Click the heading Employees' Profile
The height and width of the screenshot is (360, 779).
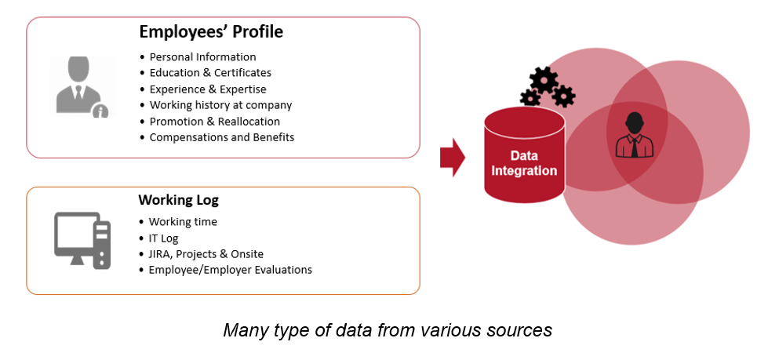(211, 32)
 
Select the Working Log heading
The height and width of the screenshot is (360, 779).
(178, 200)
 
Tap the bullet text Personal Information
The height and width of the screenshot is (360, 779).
(202, 56)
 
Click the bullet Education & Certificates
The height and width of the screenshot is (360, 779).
(211, 72)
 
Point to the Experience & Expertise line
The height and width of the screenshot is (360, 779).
(208, 89)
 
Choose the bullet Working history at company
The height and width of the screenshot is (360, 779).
(220, 105)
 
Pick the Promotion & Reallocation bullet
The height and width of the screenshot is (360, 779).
(215, 122)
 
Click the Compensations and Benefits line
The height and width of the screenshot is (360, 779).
(222, 137)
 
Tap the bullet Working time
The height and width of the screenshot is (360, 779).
(183, 221)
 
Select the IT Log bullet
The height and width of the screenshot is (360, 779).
(163, 238)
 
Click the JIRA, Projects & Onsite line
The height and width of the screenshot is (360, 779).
(206, 254)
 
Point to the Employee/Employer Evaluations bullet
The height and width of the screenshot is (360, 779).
(231, 270)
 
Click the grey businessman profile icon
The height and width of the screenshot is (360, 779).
(79, 86)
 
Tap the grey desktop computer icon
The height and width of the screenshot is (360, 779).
(82, 241)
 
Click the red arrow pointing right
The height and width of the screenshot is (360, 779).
(452, 158)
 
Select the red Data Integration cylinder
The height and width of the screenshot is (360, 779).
(524, 155)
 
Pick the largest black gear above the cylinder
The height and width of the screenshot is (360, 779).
(544, 79)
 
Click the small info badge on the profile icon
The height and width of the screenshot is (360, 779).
(101, 111)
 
